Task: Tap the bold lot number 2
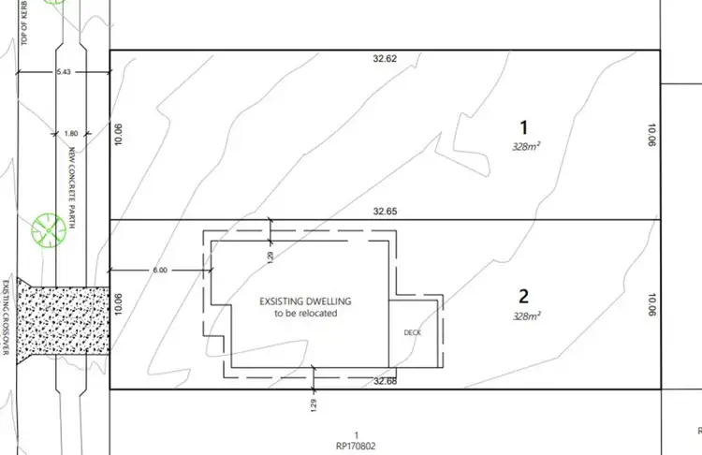click(x=524, y=297)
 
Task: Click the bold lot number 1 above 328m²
click(x=524, y=126)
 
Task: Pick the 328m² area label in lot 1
click(x=527, y=147)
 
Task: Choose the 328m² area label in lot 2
click(x=527, y=317)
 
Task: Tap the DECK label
click(x=412, y=332)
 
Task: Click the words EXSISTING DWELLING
click(x=304, y=301)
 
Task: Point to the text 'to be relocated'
click(x=304, y=314)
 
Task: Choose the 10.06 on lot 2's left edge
click(x=118, y=305)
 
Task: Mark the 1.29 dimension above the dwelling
click(x=271, y=255)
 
